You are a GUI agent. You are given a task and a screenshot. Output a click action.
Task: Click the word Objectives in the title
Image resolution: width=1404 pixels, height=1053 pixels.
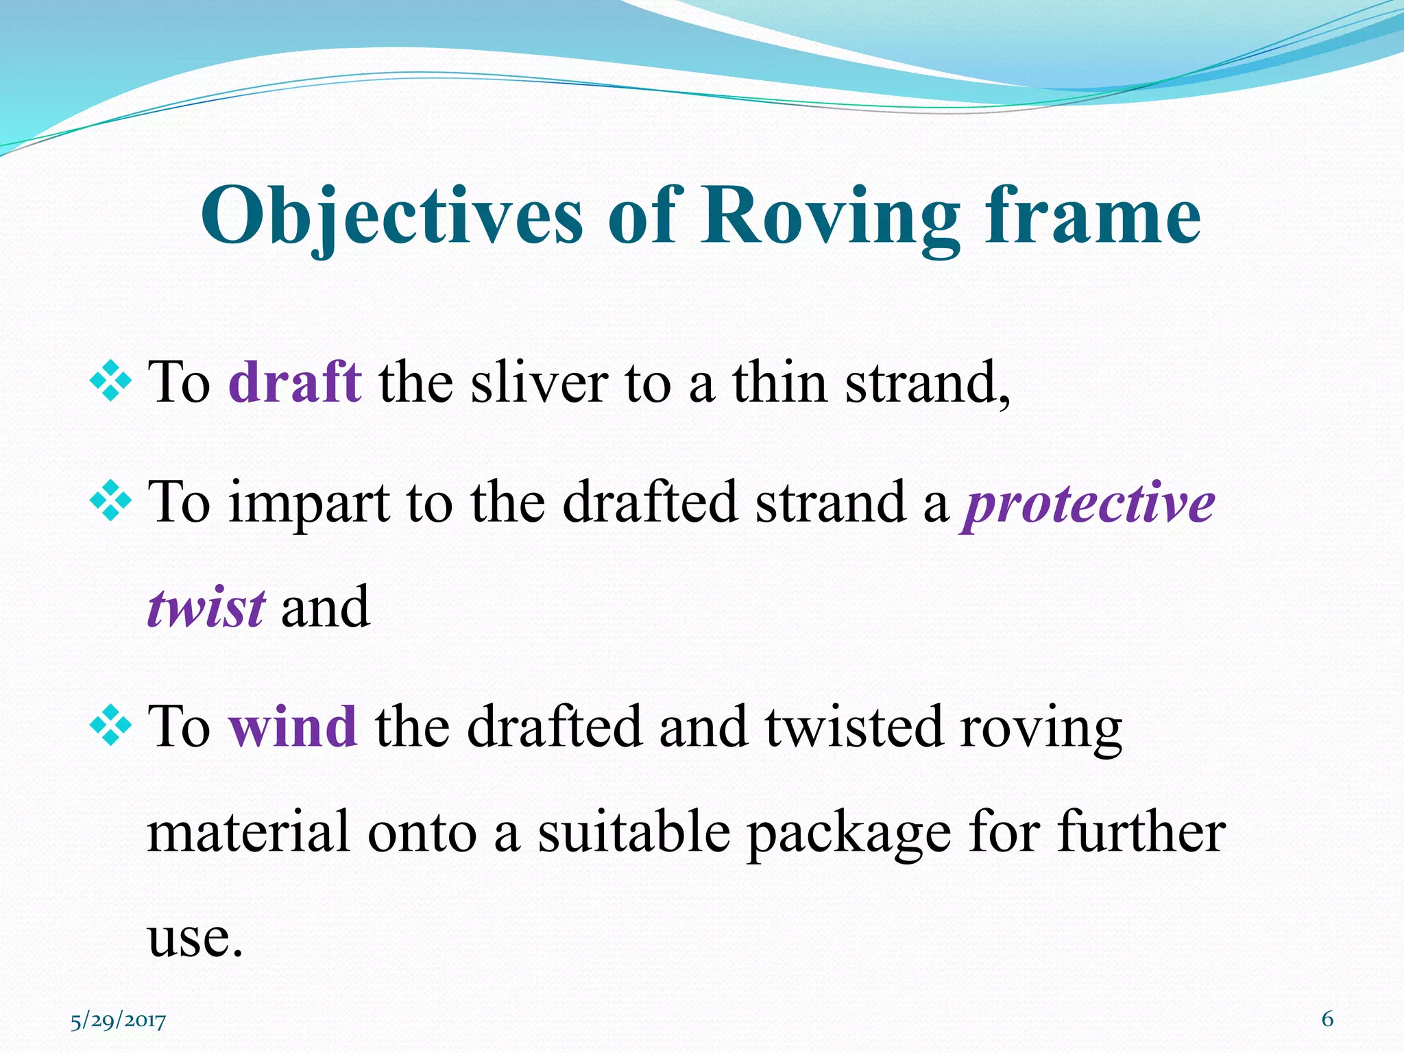click(391, 217)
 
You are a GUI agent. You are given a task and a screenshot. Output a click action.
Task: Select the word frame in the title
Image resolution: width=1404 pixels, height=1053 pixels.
click(1093, 215)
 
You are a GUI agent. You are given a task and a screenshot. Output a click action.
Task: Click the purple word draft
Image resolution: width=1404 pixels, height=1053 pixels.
click(295, 382)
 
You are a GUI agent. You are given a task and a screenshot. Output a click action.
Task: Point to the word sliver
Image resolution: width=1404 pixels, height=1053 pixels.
click(539, 382)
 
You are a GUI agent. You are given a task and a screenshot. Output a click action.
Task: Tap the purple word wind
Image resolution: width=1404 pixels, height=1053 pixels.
click(293, 727)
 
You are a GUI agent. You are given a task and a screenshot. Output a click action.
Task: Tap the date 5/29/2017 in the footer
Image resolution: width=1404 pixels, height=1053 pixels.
click(118, 1021)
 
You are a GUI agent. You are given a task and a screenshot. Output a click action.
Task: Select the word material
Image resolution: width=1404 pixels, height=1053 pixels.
click(249, 832)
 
